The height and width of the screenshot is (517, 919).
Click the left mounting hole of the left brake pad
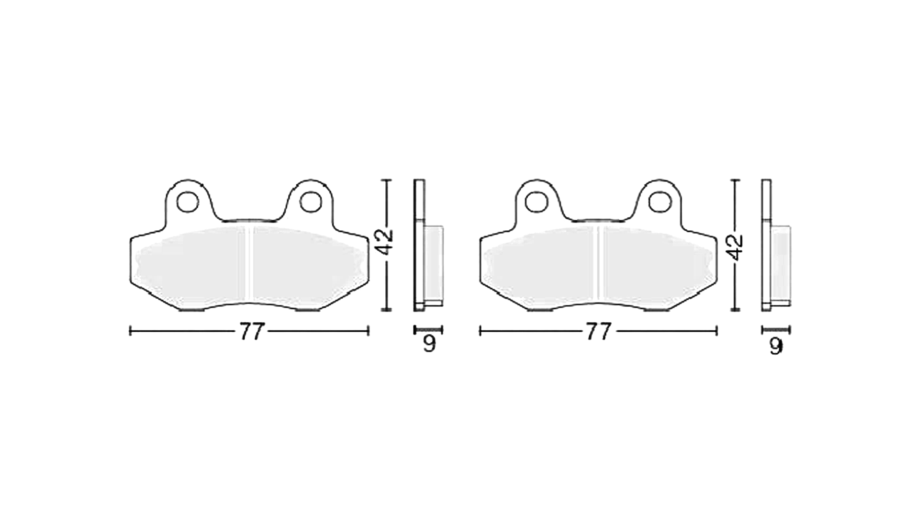coord(188,202)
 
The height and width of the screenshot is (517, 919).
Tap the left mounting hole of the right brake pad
coord(536,202)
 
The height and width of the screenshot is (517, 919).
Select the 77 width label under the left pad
coord(251,331)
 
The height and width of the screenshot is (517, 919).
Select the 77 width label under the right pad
coord(599,331)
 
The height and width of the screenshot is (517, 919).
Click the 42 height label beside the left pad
coord(385,242)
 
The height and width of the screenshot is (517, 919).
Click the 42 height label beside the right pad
coord(734,247)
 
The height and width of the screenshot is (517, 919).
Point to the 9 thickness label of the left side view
coord(429,344)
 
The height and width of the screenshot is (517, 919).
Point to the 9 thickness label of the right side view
coord(776,346)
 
